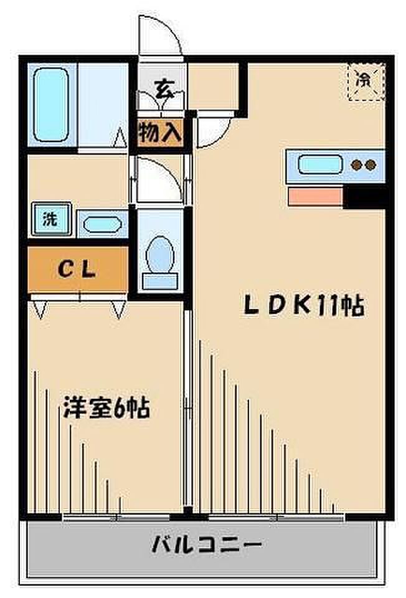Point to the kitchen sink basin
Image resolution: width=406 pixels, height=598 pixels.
pyautogui.click(x=320, y=164)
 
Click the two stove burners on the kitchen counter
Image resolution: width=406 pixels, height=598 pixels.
pyautogui.click(x=363, y=165)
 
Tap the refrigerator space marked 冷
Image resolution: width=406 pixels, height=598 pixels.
pyautogui.click(x=366, y=80)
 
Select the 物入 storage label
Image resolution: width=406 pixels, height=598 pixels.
pyautogui.click(x=160, y=132)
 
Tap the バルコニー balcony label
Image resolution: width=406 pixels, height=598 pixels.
pyautogui.click(x=206, y=546)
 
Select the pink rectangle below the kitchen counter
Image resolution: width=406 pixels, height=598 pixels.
pyautogui.click(x=316, y=197)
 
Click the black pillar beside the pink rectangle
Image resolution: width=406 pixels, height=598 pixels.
pyautogui.click(x=366, y=197)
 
